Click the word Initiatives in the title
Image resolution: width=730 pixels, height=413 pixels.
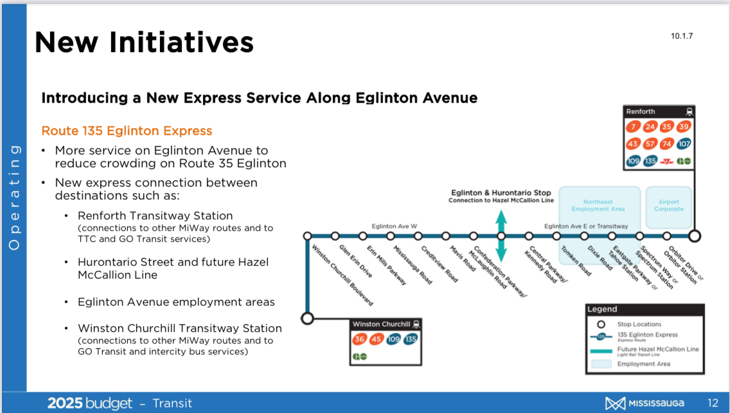tap(182, 42)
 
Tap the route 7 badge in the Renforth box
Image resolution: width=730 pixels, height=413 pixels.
tap(633, 127)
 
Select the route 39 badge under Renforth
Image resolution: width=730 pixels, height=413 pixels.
tap(684, 127)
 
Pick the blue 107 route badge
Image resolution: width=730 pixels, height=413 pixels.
tap(684, 144)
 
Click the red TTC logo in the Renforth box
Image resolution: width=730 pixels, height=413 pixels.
tap(666, 161)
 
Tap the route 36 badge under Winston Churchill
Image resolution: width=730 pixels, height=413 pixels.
tap(359, 340)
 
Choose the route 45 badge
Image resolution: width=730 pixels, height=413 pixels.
tap(376, 340)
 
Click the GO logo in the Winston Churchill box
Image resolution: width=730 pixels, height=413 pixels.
tap(359, 356)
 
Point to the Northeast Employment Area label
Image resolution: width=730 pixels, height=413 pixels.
tap(598, 206)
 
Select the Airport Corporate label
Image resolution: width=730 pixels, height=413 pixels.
tap(668, 206)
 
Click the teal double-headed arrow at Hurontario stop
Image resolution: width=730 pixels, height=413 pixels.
tap(501, 236)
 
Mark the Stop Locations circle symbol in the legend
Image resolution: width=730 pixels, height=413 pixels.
tap(601, 324)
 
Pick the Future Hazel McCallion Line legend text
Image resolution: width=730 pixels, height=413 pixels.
tap(658, 349)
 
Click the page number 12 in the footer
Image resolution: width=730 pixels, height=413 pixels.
tap(713, 403)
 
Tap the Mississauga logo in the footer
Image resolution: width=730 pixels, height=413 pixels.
tap(645, 403)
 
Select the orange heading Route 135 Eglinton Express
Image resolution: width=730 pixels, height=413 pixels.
tap(127, 131)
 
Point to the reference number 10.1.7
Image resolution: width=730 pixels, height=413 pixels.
tap(682, 36)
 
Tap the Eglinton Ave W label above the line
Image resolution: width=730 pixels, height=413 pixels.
tap(395, 226)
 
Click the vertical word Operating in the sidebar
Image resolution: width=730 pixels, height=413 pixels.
tap(14, 197)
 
